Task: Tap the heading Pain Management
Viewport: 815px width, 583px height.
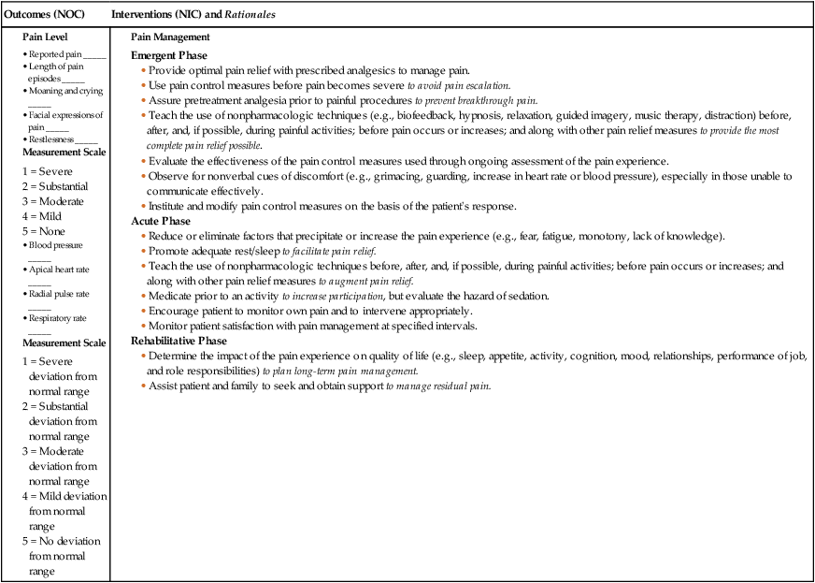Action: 170,37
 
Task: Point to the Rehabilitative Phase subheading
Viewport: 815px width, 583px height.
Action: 180,342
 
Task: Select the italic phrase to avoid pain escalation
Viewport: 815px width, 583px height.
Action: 458,85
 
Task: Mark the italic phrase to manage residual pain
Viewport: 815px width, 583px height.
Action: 438,386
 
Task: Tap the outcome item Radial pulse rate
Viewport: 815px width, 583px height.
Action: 62,294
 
